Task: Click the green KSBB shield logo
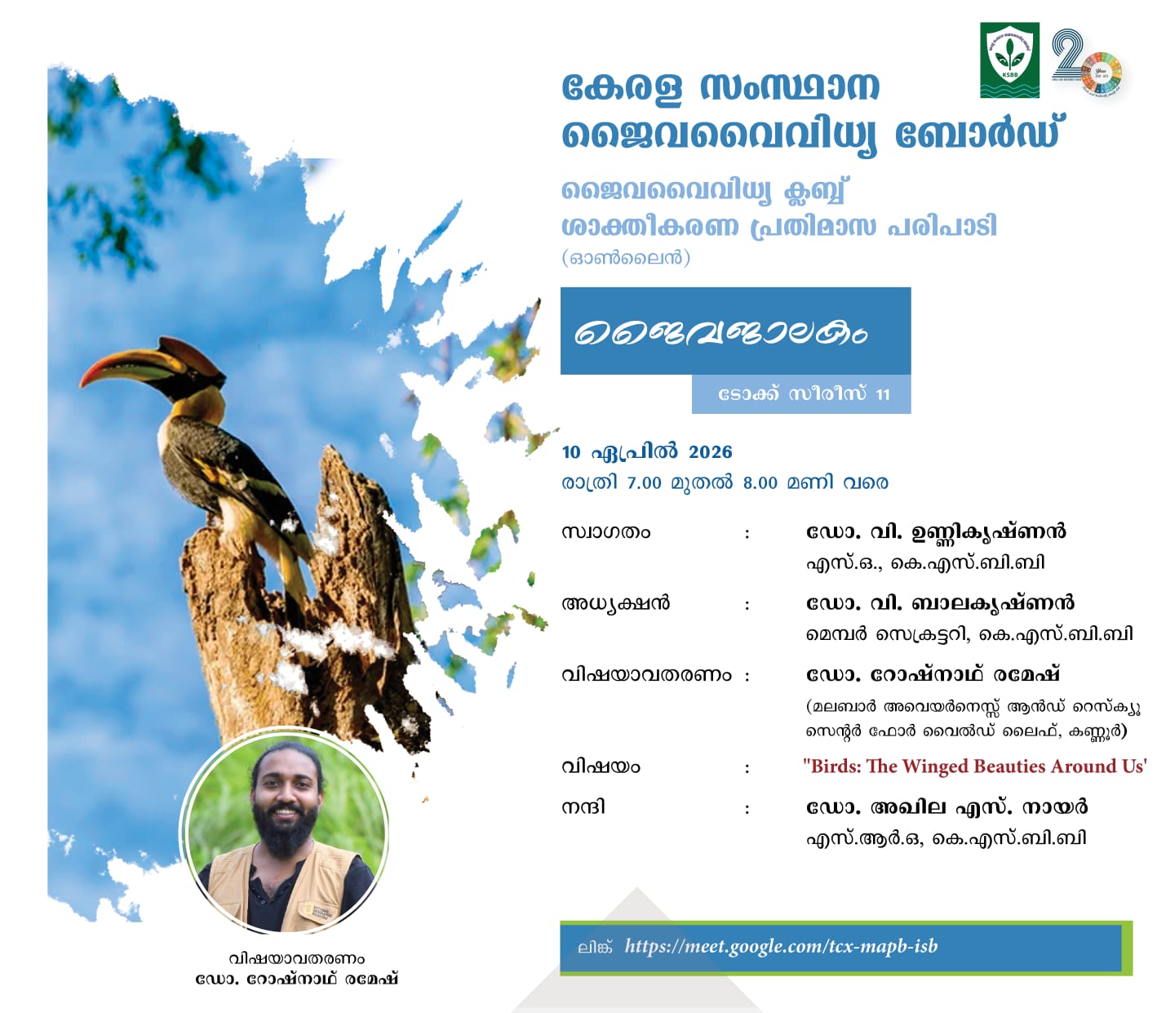(x=1009, y=60)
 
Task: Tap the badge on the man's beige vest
(x=316, y=911)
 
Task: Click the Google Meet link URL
(x=781, y=946)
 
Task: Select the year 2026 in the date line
(x=710, y=452)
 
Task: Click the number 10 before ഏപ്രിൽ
(x=571, y=452)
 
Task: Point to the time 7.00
(x=644, y=483)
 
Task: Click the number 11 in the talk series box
(x=883, y=394)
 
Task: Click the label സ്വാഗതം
(x=605, y=533)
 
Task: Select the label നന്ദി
(x=583, y=807)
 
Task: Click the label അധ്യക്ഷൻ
(x=616, y=604)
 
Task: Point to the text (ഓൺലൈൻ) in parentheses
(x=626, y=258)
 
